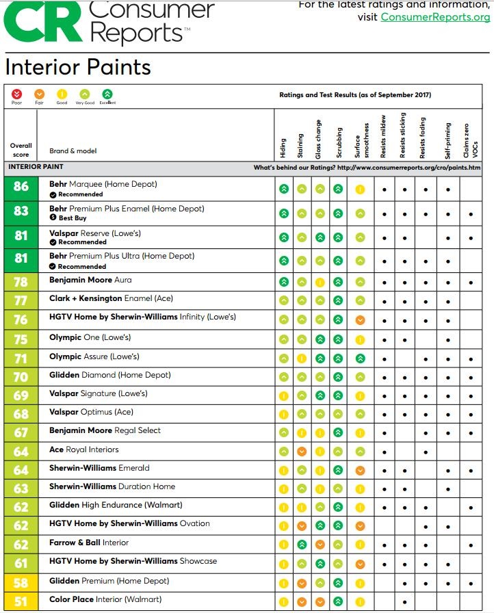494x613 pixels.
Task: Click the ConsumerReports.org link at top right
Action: (435, 16)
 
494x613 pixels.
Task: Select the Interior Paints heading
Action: (78, 67)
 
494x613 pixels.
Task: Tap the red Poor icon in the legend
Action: (17, 94)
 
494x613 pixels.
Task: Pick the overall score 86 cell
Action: (21, 189)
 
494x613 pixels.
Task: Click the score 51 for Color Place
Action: (21, 601)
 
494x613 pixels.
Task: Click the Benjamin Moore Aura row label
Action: (90, 280)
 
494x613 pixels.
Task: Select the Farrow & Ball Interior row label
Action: (89, 543)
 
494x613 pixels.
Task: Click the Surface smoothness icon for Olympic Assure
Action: (360, 358)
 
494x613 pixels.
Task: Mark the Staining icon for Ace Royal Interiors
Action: (302, 452)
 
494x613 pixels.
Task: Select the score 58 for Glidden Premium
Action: (21, 582)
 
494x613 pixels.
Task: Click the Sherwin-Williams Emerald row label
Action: (99, 468)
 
